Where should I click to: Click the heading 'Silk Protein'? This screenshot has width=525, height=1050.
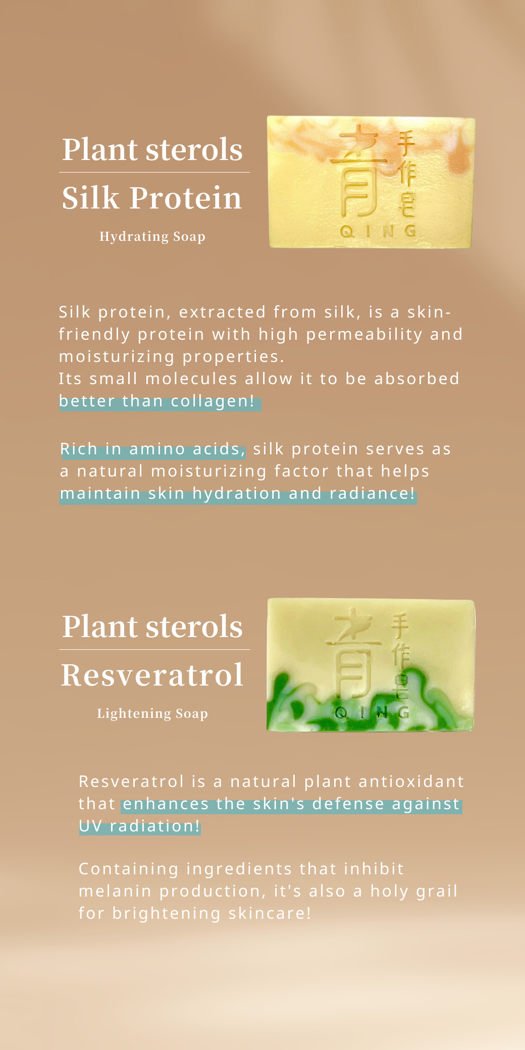tap(152, 197)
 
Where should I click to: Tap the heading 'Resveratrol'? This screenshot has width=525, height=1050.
tap(152, 675)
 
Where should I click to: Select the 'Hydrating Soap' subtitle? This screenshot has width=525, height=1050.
tap(152, 237)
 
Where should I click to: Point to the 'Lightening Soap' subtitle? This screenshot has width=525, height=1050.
tap(152, 714)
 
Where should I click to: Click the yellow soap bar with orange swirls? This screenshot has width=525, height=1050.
tap(372, 182)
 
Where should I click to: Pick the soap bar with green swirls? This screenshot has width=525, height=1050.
tap(371, 665)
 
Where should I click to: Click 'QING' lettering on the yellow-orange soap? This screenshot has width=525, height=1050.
tap(379, 231)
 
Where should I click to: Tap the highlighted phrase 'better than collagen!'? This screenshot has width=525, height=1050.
tap(157, 401)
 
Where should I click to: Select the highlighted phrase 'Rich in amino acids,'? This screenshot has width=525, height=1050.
tap(153, 449)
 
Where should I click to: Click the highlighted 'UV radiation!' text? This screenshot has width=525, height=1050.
tap(140, 826)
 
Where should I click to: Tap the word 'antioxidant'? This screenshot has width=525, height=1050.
tap(411, 781)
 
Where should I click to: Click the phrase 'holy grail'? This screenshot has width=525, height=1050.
tap(414, 891)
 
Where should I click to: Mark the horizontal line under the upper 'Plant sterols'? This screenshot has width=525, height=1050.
tap(154, 173)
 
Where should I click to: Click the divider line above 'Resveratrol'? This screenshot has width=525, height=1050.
tap(154, 650)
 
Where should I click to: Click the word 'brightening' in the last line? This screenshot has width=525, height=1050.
tap(166, 913)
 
